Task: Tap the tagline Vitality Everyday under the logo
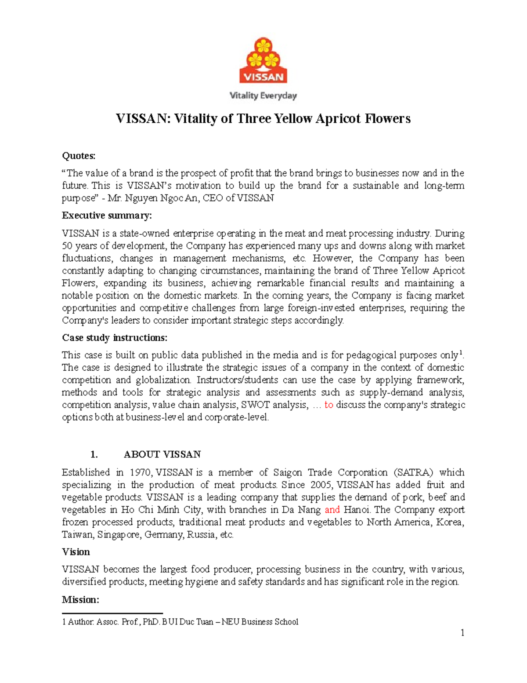(x=263, y=95)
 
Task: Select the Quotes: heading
(x=79, y=156)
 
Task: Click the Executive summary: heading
(x=107, y=215)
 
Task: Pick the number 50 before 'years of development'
(x=67, y=246)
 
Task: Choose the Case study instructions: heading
(x=115, y=338)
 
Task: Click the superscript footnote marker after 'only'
(x=460, y=353)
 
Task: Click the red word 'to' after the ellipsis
(x=328, y=405)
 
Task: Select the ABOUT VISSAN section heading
(x=162, y=454)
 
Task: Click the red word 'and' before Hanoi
(x=332, y=510)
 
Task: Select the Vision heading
(x=76, y=552)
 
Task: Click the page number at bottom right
(x=462, y=633)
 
